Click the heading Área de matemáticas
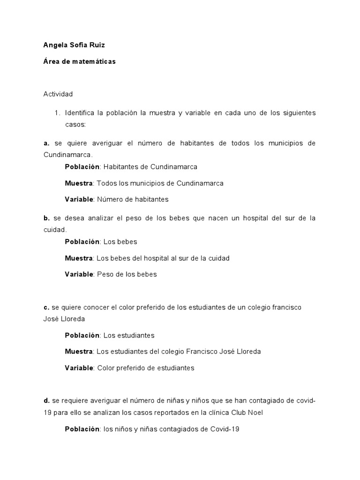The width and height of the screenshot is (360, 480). point(79,61)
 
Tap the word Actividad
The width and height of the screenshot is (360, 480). point(58,94)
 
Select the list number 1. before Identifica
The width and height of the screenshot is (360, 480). point(58,113)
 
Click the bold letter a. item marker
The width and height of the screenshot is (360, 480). point(46,143)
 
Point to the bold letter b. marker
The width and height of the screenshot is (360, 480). point(46,218)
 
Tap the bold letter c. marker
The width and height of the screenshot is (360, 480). point(46,307)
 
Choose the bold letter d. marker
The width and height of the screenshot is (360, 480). point(46,401)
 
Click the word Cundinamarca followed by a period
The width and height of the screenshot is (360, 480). point(68,155)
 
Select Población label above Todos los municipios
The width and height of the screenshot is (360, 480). point(82,166)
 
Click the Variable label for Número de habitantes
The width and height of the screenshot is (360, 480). point(79,199)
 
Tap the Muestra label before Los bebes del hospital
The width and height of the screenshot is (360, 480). point(79,258)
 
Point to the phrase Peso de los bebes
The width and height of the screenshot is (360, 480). point(127,274)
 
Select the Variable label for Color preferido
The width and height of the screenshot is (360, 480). point(79,368)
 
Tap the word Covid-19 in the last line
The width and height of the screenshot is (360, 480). point(224,429)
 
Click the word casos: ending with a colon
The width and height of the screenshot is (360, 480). point(75,125)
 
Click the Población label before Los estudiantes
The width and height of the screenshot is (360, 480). point(82,335)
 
